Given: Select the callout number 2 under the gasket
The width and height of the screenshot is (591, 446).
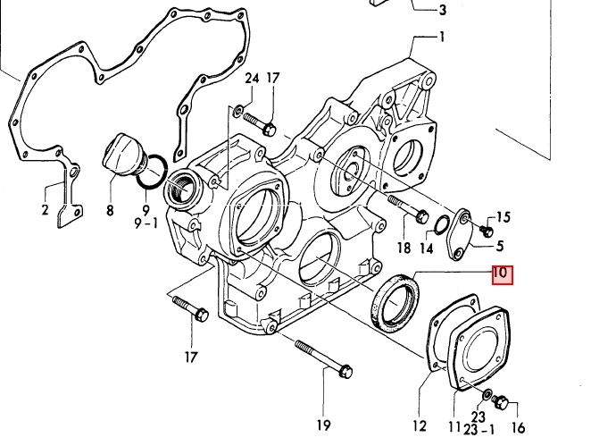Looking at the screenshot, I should tap(45, 212).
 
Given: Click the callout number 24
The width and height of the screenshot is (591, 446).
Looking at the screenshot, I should tap(251, 79).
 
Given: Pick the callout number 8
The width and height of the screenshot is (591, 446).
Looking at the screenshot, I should tap(110, 212).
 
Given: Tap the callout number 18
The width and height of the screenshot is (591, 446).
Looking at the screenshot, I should tap(404, 248).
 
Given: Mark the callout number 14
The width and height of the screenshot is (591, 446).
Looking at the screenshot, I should tap(426, 248).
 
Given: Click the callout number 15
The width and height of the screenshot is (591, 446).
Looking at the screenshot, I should tap(504, 216).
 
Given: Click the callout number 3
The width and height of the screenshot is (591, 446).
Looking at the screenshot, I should tap(442, 11).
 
